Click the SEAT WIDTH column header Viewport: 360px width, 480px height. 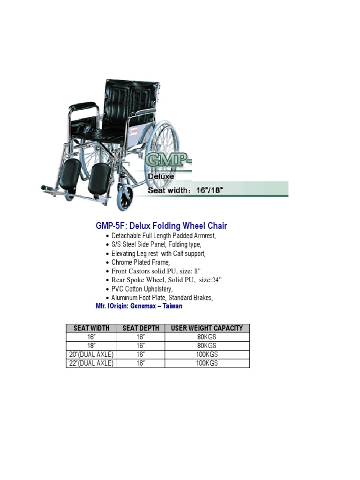coord(92,328)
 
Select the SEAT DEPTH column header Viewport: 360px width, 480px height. coord(141,328)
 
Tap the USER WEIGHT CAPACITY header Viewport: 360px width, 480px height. coord(207,328)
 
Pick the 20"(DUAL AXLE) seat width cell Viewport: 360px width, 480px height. coord(92,354)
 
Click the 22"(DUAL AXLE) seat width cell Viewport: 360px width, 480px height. coord(92,363)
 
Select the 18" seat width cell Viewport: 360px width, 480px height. coord(92,345)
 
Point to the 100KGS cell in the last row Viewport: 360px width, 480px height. coord(207,363)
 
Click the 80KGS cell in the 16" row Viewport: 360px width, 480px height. coord(207,337)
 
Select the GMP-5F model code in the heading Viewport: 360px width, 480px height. coord(107,226)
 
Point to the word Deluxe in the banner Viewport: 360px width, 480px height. coord(161,177)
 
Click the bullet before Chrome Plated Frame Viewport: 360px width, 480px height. coord(109,263)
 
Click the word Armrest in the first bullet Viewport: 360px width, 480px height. coord(204,236)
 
